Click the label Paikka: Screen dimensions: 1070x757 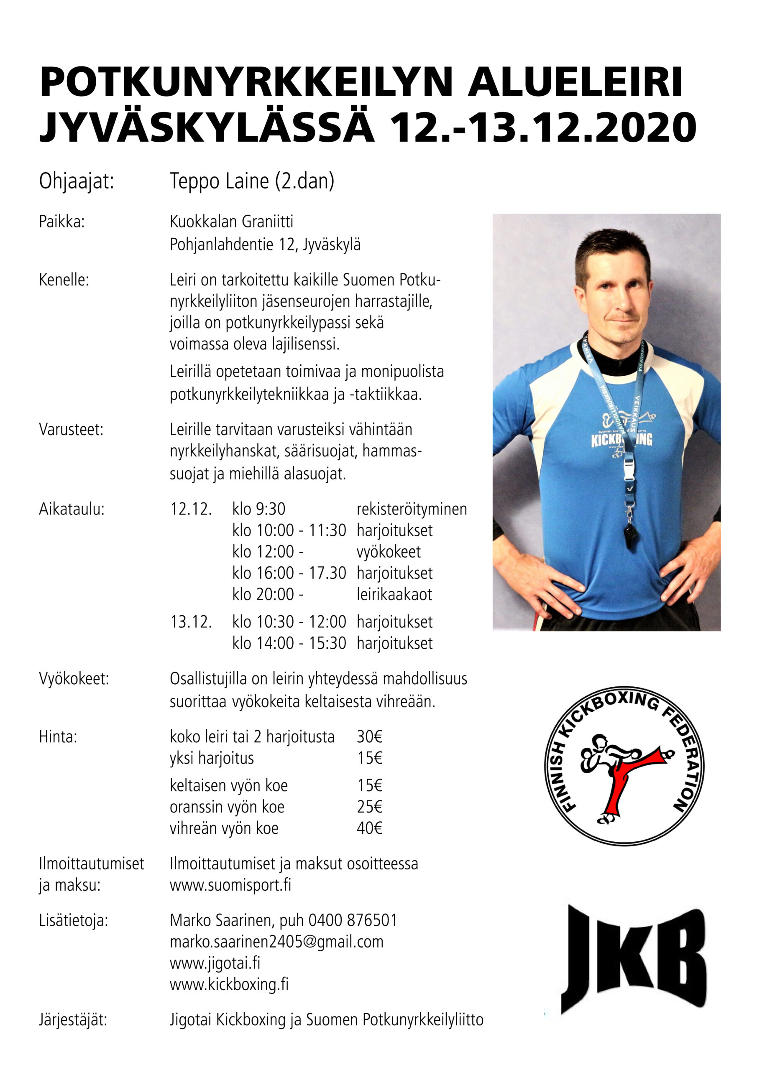click(61, 222)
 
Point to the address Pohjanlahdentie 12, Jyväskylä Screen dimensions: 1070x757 click(265, 245)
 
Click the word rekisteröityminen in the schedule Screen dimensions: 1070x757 click(412, 509)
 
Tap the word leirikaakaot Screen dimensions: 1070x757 click(394, 595)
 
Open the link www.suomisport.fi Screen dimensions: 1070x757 click(230, 884)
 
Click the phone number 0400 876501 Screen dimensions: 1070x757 click(353, 920)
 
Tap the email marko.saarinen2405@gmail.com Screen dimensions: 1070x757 click(276, 942)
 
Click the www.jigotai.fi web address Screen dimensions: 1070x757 click(215, 963)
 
